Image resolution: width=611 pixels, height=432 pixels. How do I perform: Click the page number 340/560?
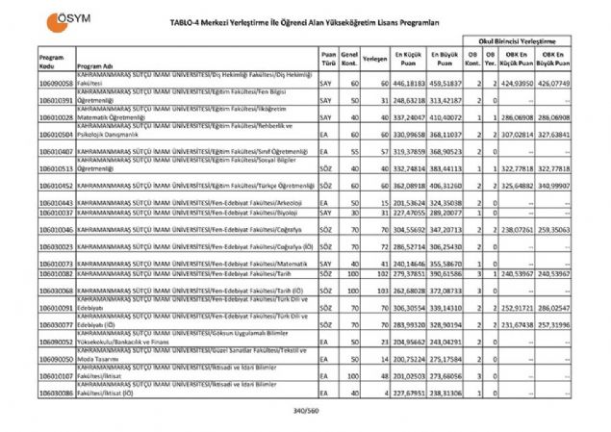304,411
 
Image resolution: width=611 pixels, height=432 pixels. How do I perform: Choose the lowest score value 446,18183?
408,85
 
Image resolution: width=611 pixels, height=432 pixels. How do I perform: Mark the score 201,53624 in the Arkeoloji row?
408,202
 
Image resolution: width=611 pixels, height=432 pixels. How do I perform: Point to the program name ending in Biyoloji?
193,214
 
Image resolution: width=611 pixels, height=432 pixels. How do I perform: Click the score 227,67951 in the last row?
408,394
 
